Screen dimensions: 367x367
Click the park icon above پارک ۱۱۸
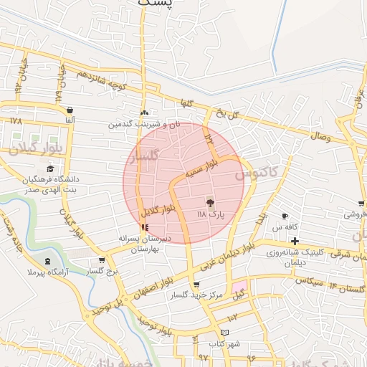pyautogui.click(x=210, y=203)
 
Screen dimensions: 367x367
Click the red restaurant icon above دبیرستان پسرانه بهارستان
pyautogui.click(x=146, y=227)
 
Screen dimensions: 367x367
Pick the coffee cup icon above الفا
pyautogui.click(x=70, y=110)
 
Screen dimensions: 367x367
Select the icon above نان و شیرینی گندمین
pyautogui.click(x=144, y=113)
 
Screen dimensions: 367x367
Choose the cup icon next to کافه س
pyautogui.click(x=285, y=216)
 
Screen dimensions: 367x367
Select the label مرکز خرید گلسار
pyautogui.click(x=196, y=295)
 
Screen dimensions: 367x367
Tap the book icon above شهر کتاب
pyautogui.click(x=224, y=333)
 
